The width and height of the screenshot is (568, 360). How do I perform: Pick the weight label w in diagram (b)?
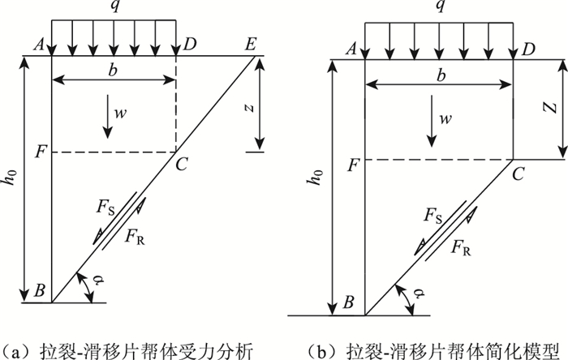445,119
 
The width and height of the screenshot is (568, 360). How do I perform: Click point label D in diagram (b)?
530,51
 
